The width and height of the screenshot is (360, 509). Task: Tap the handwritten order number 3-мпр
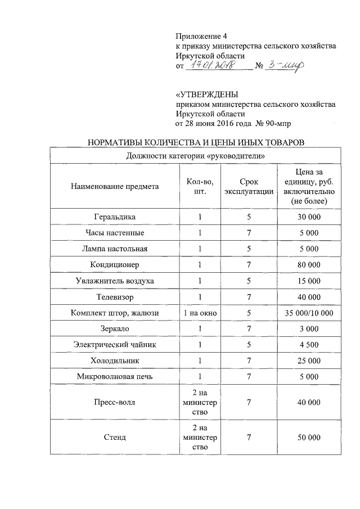(286, 66)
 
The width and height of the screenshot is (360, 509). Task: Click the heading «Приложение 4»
(201, 35)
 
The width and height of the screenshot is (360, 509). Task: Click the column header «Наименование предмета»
(115, 186)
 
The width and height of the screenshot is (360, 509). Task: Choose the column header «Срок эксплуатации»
(249, 186)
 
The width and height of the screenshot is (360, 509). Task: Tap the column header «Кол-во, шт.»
(200, 186)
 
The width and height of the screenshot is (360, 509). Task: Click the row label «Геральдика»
(115, 217)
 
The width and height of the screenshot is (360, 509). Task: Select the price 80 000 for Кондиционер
(309, 264)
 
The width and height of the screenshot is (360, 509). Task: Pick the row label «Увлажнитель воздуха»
(115, 280)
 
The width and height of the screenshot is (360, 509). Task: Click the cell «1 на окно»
(200, 312)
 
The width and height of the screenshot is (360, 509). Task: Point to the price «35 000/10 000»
(309, 312)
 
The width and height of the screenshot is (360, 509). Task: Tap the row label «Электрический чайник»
(115, 344)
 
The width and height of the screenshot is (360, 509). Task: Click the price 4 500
(309, 344)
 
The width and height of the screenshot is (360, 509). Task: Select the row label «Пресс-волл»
(115, 402)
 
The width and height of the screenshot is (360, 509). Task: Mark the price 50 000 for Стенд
(309, 437)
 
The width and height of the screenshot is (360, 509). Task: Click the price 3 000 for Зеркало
(309, 328)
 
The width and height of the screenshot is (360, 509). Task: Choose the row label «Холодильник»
(115, 360)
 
